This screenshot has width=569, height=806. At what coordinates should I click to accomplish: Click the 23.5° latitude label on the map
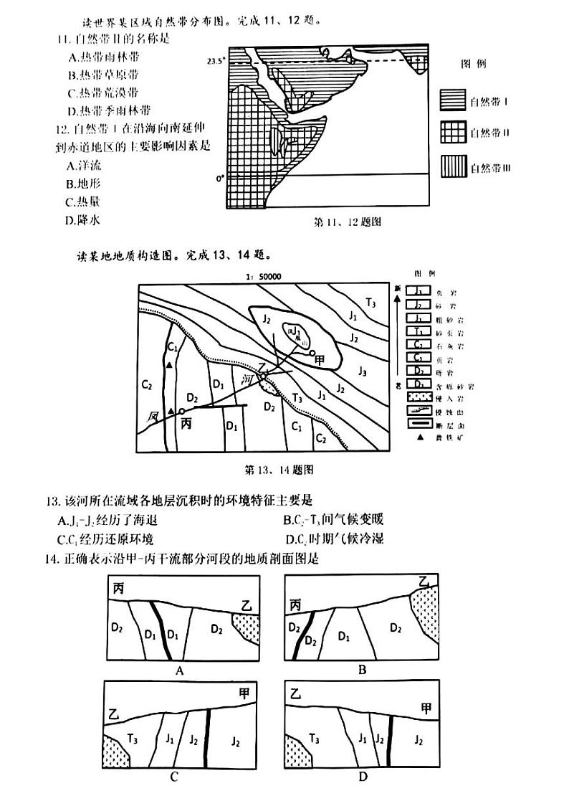pos(214,62)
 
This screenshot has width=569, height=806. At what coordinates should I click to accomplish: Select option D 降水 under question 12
pos(85,220)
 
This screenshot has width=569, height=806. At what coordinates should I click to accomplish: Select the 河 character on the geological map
pos(249,378)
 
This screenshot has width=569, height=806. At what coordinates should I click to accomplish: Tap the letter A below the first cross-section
pos(181,670)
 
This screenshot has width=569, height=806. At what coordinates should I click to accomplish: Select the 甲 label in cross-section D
pos(426,708)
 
